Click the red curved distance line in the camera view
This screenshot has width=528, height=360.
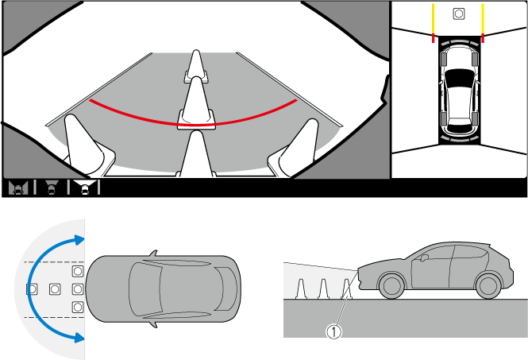tap(192, 125)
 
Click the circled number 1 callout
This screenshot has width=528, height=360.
tap(333, 331)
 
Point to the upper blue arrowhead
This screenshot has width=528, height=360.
tap(79, 240)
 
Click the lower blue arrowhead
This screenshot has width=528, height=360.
tap(79, 338)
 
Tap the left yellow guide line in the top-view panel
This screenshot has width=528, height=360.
tap(433, 18)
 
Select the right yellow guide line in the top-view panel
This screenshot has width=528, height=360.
tap(483, 18)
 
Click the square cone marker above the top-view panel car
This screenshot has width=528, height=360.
tap(459, 14)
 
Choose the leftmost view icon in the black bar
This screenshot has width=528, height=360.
tap(18, 188)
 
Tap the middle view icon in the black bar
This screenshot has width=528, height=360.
tap(52, 188)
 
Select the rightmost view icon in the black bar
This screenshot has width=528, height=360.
tap(85, 188)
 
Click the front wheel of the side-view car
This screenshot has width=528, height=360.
tap(391, 285)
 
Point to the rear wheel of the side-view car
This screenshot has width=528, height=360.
tap(488, 285)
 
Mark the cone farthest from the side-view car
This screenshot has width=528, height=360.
tap(300, 289)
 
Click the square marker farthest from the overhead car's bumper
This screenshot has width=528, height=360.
tap(32, 289)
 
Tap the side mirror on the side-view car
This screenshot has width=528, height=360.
tap(424, 257)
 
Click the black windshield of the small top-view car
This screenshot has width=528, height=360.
tap(459, 78)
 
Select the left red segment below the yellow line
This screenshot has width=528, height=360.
tap(433, 38)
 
